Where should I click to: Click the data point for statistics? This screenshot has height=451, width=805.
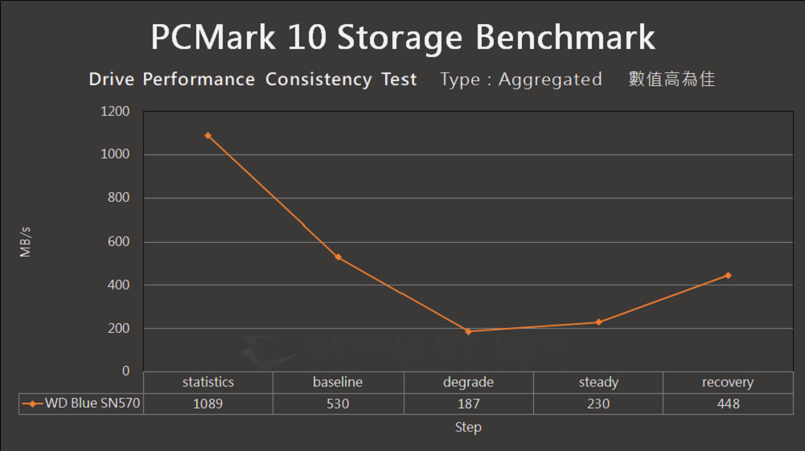point(207,136)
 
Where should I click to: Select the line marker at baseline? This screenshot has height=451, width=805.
point(338,257)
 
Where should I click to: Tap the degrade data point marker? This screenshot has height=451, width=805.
point(468,331)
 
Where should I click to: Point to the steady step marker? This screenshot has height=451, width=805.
point(598,322)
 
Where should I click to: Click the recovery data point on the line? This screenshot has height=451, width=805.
point(728,275)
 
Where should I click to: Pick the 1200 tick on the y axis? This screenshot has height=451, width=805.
point(115,112)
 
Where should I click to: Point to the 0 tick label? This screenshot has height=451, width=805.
point(125,371)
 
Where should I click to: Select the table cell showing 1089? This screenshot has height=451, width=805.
point(207,404)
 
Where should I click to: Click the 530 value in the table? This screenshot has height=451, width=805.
point(338,404)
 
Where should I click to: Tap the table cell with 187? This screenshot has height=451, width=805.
point(468,404)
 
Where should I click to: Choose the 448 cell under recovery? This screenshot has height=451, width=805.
point(728,404)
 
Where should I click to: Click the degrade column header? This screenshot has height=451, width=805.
point(468,383)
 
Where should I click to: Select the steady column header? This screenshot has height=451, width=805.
point(598,383)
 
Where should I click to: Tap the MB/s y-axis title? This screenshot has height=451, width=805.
point(26,242)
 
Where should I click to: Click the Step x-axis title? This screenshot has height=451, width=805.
point(468,428)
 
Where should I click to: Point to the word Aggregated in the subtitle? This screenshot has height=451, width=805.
point(550,80)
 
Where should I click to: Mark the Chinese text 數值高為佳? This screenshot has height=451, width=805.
point(672,80)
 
